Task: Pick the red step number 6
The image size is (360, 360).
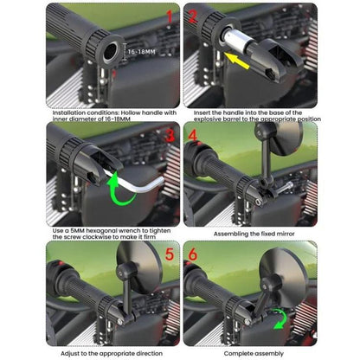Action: point(194,257)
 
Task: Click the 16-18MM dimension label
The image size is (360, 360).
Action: point(144,52)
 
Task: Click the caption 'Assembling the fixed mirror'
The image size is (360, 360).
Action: point(249,233)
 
